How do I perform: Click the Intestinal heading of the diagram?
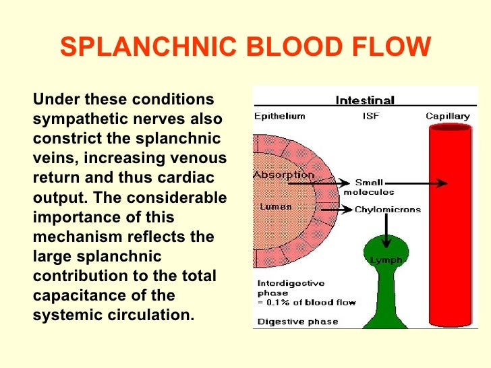[x=365, y=101]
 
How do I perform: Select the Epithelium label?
[x=279, y=116]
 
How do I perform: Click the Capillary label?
[x=447, y=116]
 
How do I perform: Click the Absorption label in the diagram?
[x=283, y=175]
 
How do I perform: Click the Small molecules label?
[x=369, y=187]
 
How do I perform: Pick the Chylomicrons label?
[x=388, y=210]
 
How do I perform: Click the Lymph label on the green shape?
[x=386, y=260]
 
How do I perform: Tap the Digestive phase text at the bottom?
[x=288, y=321]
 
